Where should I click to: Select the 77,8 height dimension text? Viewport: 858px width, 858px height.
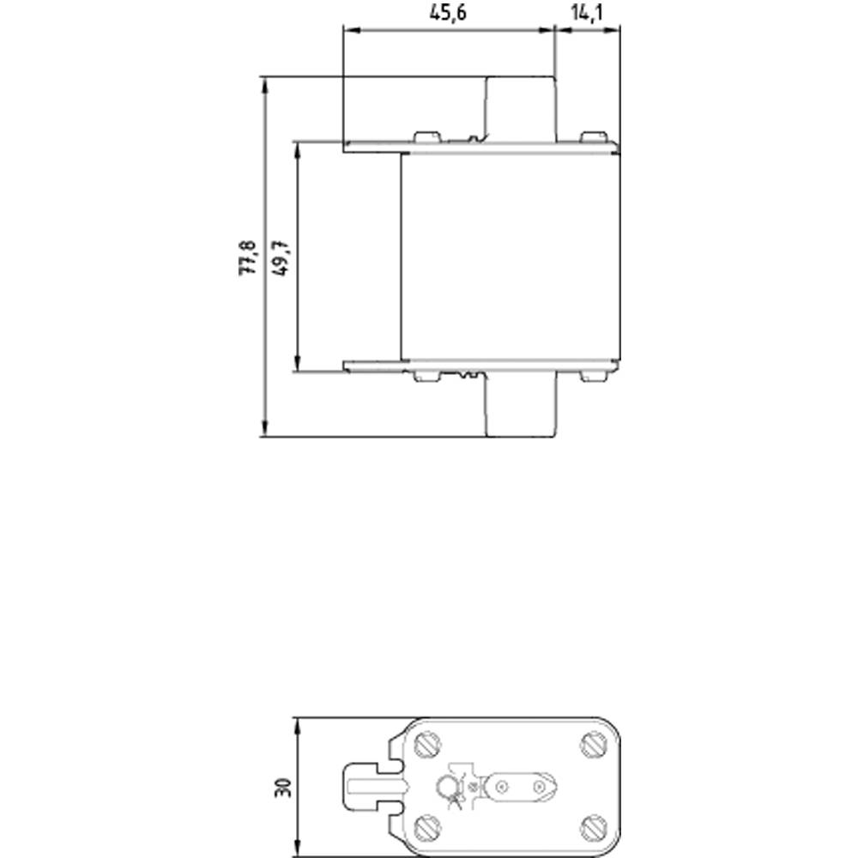click(248, 257)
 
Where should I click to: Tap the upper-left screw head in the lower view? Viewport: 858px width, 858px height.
click(426, 745)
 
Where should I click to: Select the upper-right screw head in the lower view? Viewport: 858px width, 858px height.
click(593, 745)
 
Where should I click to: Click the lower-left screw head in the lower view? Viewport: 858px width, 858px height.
click(426, 828)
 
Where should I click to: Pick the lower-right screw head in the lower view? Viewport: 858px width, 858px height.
click(593, 828)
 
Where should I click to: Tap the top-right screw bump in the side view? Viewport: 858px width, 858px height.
click(592, 137)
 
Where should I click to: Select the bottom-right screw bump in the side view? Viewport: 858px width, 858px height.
click(592, 376)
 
